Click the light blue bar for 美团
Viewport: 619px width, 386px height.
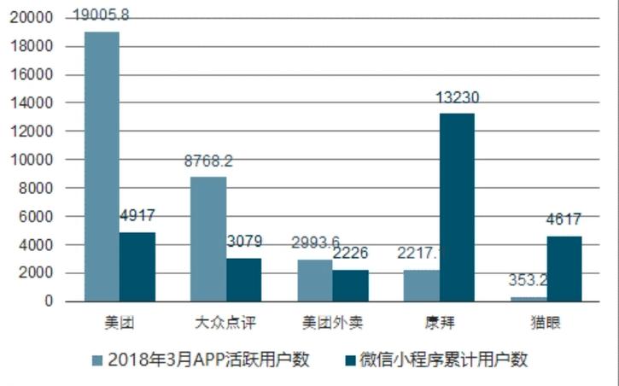101,167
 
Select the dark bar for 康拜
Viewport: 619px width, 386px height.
456,208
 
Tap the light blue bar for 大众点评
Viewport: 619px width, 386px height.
207,239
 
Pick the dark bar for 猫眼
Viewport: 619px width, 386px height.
563,269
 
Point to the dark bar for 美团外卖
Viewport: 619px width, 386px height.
350,285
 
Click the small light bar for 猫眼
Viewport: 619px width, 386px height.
528,299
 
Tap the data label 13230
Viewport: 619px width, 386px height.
458,98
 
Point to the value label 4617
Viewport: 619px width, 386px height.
564,221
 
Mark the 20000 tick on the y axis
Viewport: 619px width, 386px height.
34,18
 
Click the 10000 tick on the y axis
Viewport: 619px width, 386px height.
34,160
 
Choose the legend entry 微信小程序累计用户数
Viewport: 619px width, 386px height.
435,360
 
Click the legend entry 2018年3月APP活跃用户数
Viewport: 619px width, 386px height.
200,360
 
